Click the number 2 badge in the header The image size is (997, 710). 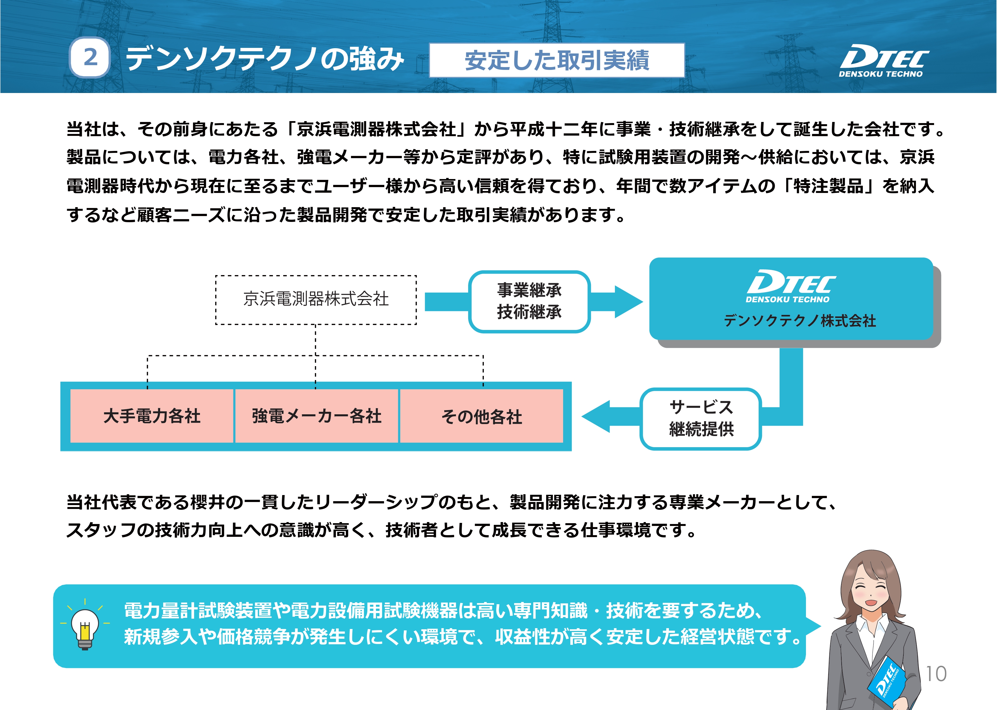[90, 57]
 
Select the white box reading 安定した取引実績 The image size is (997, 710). [557, 60]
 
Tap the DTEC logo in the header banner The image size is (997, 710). [883, 61]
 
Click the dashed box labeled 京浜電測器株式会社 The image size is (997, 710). [316, 300]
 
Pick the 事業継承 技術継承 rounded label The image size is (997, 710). [529, 301]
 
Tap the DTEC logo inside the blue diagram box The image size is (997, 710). [791, 286]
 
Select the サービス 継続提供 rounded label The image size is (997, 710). [701, 418]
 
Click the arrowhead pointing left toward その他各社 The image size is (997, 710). [596, 416]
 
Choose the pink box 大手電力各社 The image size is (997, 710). [152, 416]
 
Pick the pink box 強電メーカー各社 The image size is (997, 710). [317, 416]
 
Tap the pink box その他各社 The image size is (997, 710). [482, 416]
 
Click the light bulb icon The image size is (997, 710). [85, 626]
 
